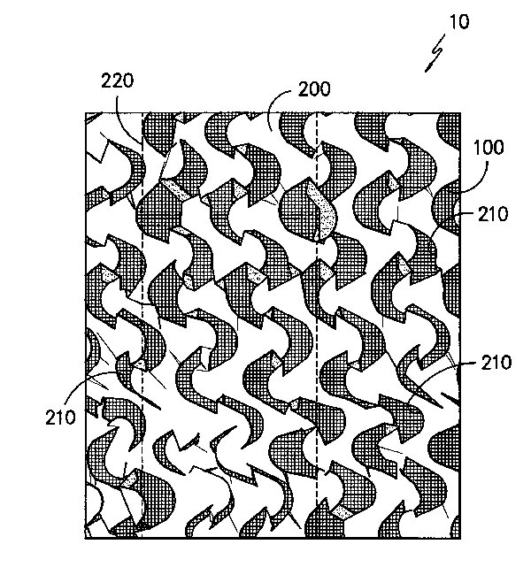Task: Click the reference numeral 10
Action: click(459, 22)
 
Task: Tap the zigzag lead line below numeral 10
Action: click(435, 54)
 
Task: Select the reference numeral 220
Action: click(118, 80)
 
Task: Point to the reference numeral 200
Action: click(314, 89)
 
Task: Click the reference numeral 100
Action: click(489, 148)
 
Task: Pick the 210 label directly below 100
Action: click(493, 214)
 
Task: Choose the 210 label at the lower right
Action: click(496, 363)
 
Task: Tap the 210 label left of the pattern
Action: click(60, 418)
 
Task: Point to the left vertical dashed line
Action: click(142, 325)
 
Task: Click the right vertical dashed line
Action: click(317, 325)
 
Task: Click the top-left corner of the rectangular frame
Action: click(86, 113)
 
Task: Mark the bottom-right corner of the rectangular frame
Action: click(460, 538)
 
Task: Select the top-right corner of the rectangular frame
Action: click(460, 113)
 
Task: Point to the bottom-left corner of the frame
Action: click(86, 538)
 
